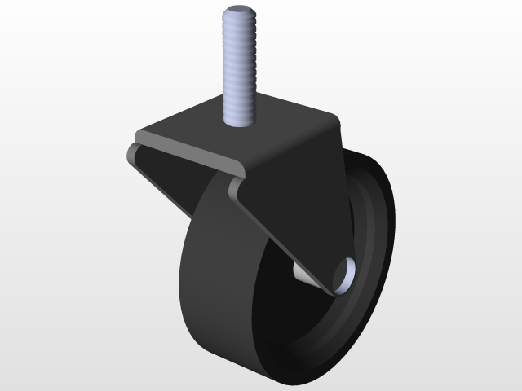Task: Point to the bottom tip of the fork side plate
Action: (x=330, y=292)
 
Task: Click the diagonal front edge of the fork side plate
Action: (x=277, y=236)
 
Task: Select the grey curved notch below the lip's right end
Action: (x=235, y=189)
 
